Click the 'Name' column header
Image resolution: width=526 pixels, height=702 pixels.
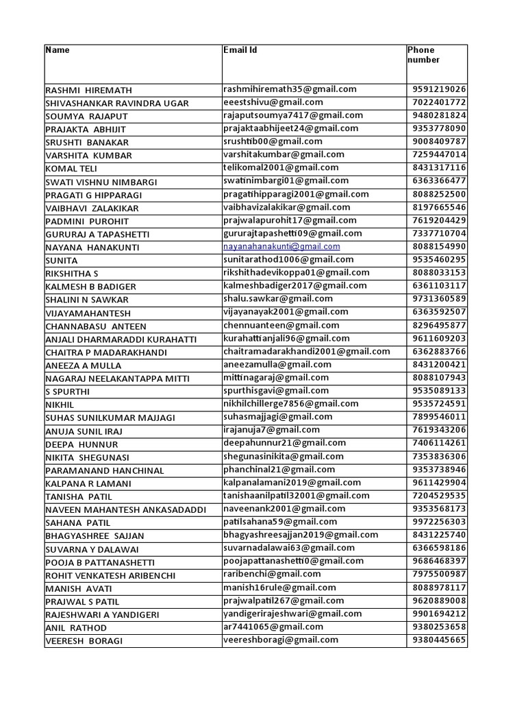point(58,50)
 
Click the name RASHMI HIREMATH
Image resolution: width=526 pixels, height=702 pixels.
point(88,90)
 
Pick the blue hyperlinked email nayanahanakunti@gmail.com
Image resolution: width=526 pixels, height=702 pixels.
point(281,246)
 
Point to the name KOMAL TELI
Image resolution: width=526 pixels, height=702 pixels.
point(71,169)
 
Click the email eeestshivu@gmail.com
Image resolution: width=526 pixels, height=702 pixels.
point(273,102)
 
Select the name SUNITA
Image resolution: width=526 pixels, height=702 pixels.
point(62,261)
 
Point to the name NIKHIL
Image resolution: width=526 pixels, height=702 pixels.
point(60,404)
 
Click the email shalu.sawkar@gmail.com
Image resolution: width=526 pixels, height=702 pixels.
point(278,299)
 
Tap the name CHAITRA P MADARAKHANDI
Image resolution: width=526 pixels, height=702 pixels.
point(106,352)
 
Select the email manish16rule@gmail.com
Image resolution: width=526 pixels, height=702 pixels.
point(279,588)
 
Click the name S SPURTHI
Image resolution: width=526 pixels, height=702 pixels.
point(67,391)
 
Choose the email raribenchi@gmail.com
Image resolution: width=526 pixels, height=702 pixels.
point(272,574)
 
